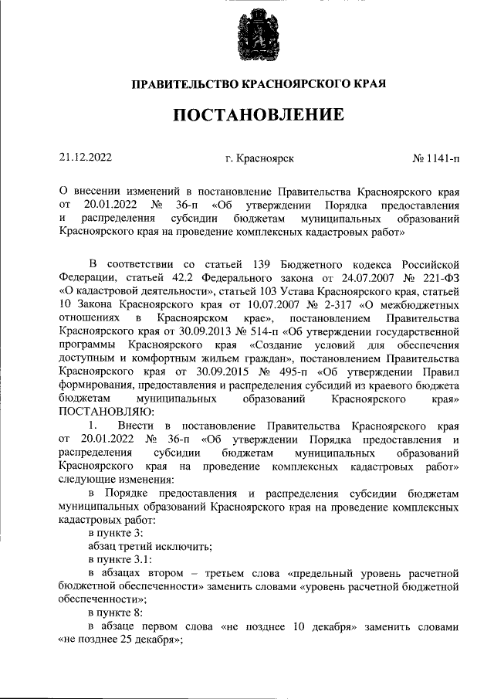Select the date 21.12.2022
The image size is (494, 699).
click(86, 158)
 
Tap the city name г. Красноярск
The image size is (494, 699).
click(259, 158)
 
